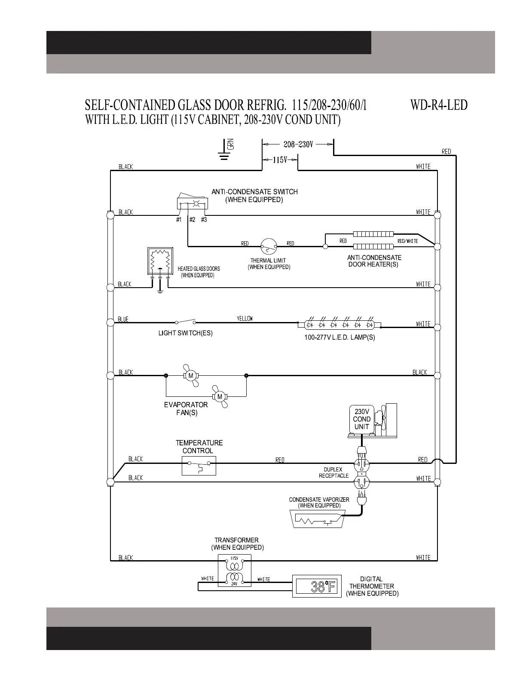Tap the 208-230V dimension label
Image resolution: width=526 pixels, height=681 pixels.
pos(298,144)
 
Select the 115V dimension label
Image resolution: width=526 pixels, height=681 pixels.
pos(280,160)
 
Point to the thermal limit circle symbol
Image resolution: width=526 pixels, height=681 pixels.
pos(268,246)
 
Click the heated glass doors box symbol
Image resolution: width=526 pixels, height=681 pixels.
pos(160,261)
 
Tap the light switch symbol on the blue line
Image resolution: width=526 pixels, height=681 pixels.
pos(185,322)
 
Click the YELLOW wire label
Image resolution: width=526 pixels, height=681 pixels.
pos(245,319)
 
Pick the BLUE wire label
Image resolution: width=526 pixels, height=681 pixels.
pos(123,319)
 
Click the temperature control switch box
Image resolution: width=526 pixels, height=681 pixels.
pos(199,466)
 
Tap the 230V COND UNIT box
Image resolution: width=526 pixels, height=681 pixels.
pos(362,419)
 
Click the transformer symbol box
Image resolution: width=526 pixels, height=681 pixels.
pos(234,571)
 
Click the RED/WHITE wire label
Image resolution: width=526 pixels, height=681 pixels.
pos(407,241)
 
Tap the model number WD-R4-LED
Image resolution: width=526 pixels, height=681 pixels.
pos(439,105)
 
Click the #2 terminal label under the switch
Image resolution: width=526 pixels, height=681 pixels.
pos(192,220)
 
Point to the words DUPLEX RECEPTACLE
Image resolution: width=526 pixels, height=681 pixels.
pos(333,472)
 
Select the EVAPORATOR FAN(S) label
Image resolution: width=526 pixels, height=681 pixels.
pos(186,409)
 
